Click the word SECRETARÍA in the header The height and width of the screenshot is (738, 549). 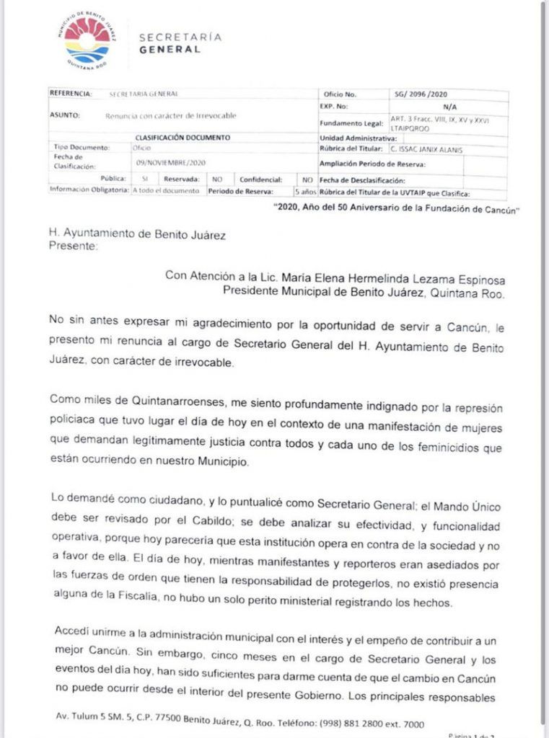pyautogui.click(x=180, y=37)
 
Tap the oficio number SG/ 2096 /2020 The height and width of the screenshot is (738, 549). pyautogui.click(x=422, y=94)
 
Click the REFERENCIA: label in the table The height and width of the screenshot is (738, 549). pyautogui.click(x=71, y=94)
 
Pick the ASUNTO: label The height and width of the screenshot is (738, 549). pyautogui.click(x=64, y=115)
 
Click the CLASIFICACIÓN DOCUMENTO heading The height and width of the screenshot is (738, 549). pyautogui.click(x=183, y=137)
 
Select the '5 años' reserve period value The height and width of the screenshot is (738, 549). pyautogui.click(x=306, y=192)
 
